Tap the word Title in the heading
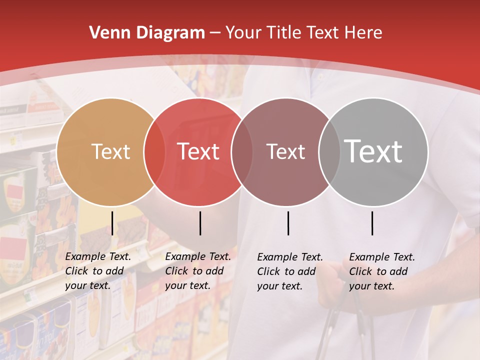pos(284,33)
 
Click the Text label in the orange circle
pos(110,151)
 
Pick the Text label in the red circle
pos(198,151)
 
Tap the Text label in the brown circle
pos(285,151)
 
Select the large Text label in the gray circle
pos(373,151)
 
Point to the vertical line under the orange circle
pos(112,223)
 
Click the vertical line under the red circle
pos(200,223)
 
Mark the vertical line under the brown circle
pos(288,223)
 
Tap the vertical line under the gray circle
pos(372,223)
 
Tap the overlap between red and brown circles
pos(242,151)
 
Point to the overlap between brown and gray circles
pos(329,151)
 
